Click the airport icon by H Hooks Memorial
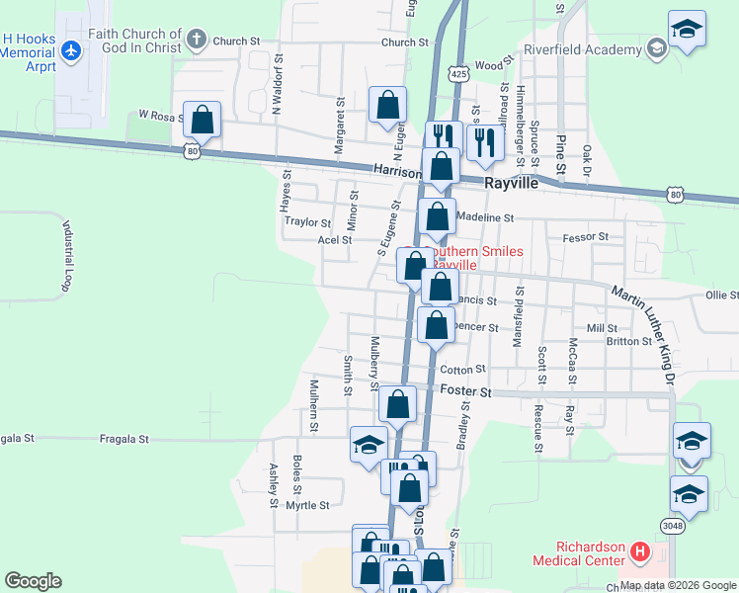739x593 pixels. [x=70, y=49]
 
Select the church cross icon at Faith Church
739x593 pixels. [x=197, y=41]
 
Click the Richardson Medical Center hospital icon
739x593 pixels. [x=638, y=551]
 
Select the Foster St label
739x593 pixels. [x=465, y=392]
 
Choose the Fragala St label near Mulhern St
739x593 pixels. [x=124, y=438]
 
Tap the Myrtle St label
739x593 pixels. [x=307, y=505]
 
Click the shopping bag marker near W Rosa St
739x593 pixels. [x=202, y=121]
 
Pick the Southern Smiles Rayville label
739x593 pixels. [x=474, y=259]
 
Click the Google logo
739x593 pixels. [x=33, y=581]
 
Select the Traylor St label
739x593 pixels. [x=307, y=223]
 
